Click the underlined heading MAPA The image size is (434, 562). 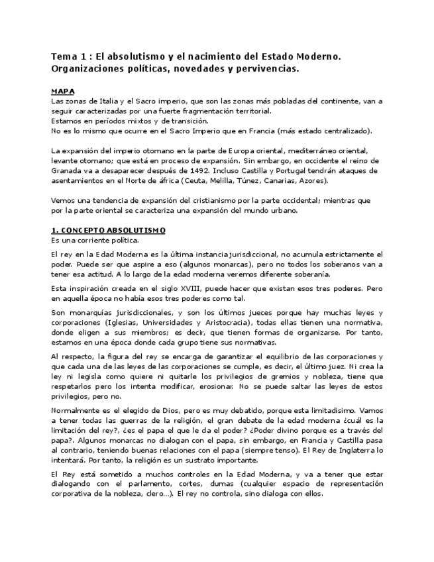(63, 90)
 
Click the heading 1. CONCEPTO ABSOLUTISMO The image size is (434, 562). (109, 229)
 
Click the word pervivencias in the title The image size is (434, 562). (264, 68)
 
